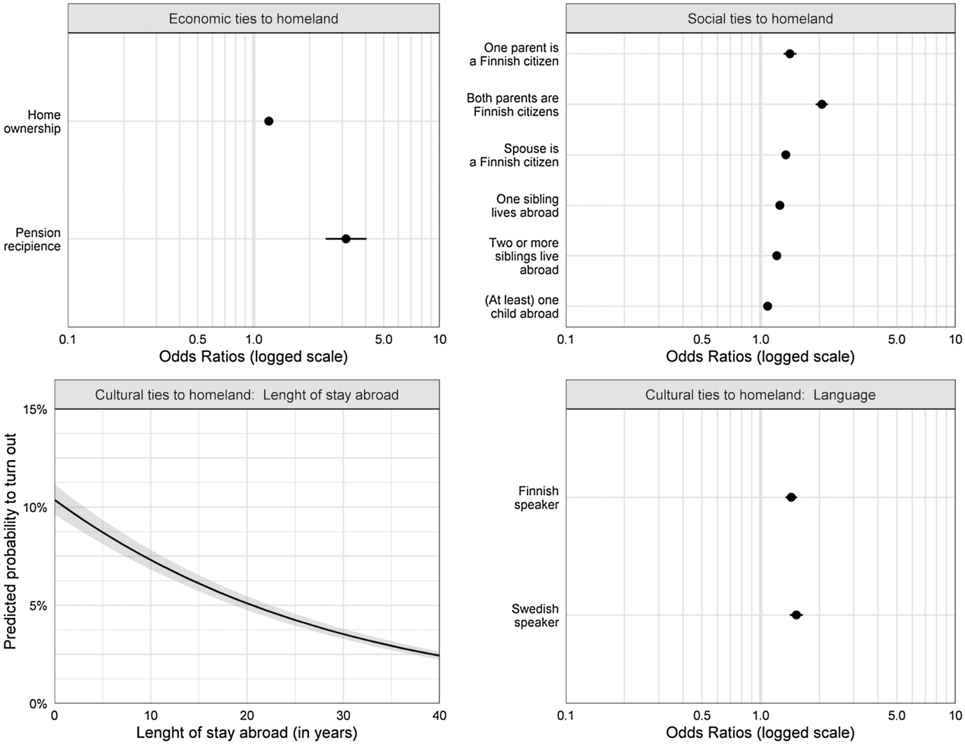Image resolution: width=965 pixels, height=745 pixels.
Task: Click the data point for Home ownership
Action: [x=268, y=121]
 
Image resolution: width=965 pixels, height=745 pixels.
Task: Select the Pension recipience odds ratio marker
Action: [x=346, y=239]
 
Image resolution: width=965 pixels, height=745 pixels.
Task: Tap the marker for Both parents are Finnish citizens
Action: [x=822, y=105]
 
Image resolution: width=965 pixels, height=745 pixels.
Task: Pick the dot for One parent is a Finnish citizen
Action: [x=790, y=54]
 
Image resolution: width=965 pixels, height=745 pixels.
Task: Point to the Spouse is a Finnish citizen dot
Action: [x=785, y=155]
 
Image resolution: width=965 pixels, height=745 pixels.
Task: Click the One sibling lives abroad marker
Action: [x=780, y=205]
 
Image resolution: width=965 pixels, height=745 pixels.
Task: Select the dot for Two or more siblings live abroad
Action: [x=776, y=256]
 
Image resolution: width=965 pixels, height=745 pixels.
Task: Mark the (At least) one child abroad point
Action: [x=767, y=307]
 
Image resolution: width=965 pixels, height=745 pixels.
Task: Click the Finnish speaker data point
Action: [x=791, y=498]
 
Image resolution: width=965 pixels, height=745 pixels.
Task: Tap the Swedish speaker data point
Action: [x=796, y=615]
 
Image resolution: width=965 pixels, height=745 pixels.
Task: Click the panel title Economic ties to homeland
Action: [x=253, y=19]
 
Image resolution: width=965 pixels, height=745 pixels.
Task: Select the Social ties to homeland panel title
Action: [x=760, y=19]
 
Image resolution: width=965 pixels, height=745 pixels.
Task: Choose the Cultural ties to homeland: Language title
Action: [x=760, y=395]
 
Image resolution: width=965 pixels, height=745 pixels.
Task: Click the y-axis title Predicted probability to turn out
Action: [x=10, y=541]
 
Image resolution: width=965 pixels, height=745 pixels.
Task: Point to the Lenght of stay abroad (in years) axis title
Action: [x=247, y=732]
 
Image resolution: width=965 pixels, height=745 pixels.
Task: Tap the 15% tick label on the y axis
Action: [x=36, y=410]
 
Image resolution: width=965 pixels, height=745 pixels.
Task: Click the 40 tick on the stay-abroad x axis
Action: [x=439, y=716]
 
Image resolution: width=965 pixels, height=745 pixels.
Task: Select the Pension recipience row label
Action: [x=32, y=239]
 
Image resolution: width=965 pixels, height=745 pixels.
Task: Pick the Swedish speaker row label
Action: [x=535, y=616]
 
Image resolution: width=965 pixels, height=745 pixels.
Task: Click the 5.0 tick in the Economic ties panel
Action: [x=384, y=340]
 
